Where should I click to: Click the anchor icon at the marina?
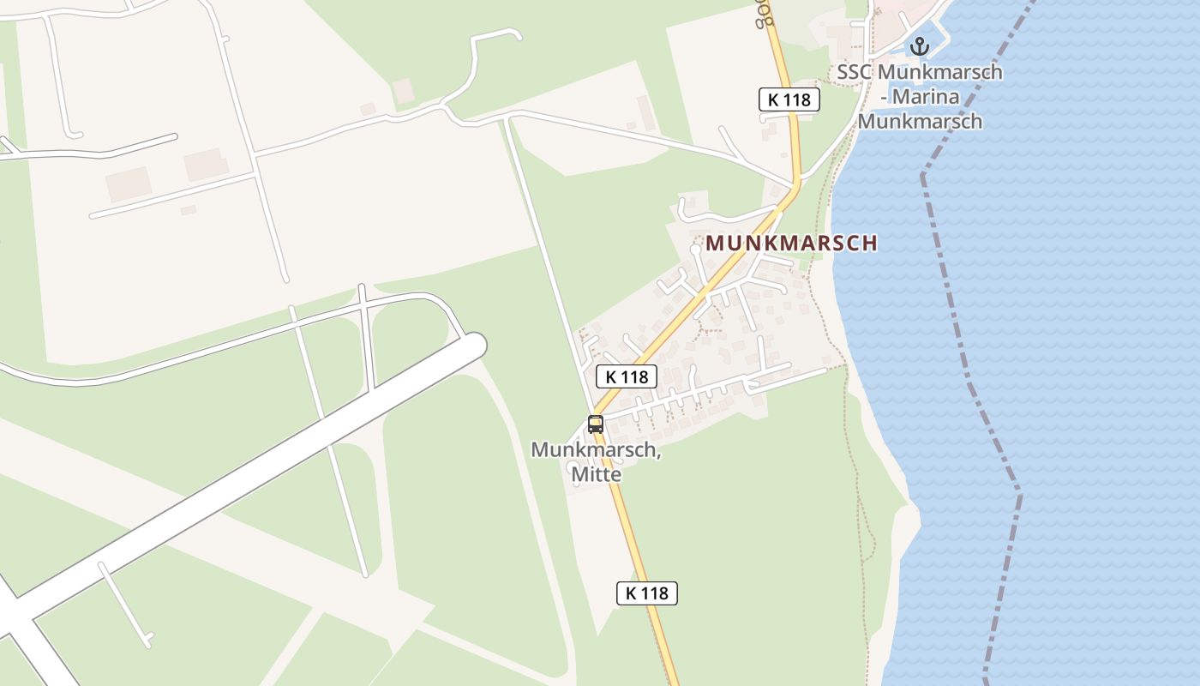pos(920,45)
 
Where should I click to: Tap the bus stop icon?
pos(595,424)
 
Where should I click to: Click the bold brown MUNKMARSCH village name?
pos(791,243)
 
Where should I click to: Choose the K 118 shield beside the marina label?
pos(789,99)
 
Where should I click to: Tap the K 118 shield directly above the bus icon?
pos(626,376)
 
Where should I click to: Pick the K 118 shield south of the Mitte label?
pos(647,593)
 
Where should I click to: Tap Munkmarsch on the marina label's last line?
pos(920,121)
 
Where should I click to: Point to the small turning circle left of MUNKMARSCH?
pos(695,250)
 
